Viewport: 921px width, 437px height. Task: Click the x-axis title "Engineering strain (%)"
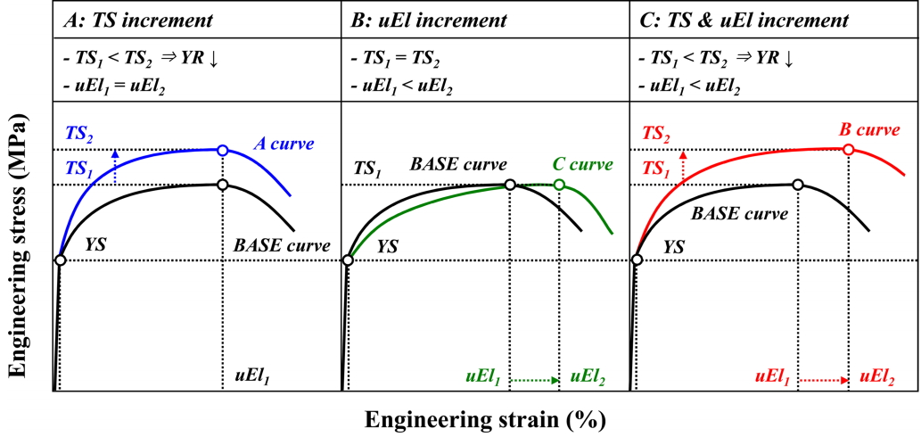click(485, 419)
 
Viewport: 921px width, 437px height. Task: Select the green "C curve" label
click(583, 165)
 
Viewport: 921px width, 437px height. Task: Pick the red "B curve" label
click(869, 130)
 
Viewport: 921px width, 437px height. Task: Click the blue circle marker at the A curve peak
click(222, 149)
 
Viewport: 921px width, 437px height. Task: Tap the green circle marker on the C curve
click(559, 185)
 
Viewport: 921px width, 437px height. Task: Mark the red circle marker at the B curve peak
click(848, 149)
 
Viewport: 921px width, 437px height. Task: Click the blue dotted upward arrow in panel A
click(114, 168)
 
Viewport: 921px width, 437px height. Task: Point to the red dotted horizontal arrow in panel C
click(825, 380)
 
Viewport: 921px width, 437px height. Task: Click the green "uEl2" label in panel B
click(588, 376)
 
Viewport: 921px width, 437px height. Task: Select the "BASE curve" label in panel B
click(458, 165)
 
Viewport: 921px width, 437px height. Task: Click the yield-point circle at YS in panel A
click(60, 260)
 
